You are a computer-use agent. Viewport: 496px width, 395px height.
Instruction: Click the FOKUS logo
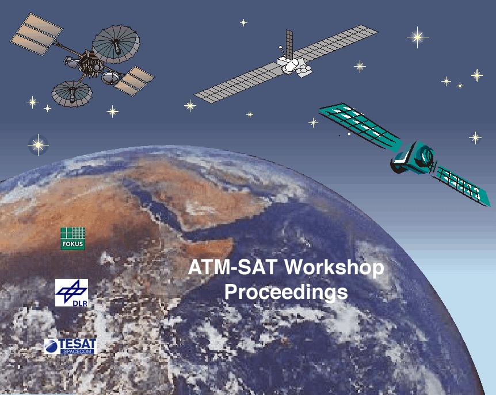coord(73,239)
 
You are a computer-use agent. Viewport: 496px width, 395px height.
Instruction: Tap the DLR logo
coord(71,293)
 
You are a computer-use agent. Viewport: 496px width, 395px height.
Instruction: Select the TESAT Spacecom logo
coord(70,346)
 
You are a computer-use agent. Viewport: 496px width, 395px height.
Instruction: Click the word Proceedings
coord(286,293)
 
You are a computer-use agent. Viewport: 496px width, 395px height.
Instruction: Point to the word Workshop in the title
coord(334,267)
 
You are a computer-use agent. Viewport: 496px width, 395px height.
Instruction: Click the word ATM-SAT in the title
coord(232,267)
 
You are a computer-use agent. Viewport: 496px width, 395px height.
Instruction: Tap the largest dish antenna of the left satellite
coord(116,44)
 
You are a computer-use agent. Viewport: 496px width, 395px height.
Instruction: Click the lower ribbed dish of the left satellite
coord(72,94)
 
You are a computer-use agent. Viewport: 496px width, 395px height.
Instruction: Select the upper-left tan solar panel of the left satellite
coord(36,34)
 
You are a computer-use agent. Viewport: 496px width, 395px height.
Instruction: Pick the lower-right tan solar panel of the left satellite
coord(134,81)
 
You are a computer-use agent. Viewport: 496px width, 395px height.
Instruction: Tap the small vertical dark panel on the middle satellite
coord(289,44)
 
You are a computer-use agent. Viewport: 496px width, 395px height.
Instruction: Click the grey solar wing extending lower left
coord(238,83)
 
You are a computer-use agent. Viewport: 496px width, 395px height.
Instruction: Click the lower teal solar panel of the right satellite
coord(463,186)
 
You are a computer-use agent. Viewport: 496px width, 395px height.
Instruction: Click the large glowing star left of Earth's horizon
coord(39,145)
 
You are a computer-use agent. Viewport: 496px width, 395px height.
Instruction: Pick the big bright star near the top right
coord(418,37)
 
